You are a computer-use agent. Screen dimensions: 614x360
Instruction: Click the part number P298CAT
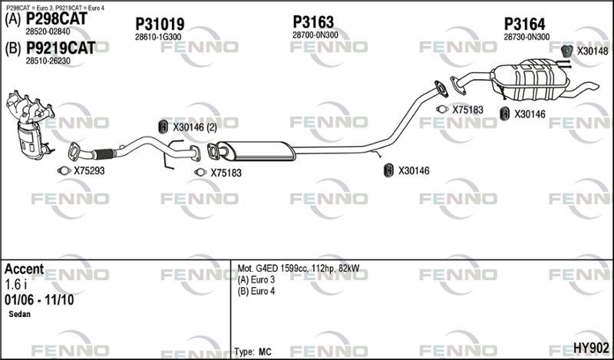56,18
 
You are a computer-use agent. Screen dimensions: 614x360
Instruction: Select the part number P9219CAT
61,48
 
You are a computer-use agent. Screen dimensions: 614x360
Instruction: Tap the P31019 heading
160,25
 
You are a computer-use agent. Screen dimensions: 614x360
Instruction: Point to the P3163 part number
313,22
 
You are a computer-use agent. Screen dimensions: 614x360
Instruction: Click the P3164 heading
524,25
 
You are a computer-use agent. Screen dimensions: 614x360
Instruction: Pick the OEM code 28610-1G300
158,37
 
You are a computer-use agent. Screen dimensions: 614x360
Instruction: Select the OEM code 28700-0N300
315,35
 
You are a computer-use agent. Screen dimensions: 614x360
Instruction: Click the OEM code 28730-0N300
527,37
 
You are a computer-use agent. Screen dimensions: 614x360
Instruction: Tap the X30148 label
593,51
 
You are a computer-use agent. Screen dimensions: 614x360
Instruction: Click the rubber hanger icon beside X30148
566,51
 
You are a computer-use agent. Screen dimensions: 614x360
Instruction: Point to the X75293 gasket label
89,171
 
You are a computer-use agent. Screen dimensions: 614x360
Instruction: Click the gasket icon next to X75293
64,170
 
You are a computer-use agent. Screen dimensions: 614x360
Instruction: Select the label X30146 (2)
195,127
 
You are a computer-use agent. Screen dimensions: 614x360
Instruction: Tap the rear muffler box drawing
530,80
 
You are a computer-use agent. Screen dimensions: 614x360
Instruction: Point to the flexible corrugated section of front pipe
104,154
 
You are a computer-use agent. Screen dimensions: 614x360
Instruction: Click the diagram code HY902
591,348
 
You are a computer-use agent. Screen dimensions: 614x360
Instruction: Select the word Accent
24,269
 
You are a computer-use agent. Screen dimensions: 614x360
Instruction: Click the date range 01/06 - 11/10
39,300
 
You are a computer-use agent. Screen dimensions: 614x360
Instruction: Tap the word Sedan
20,314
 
